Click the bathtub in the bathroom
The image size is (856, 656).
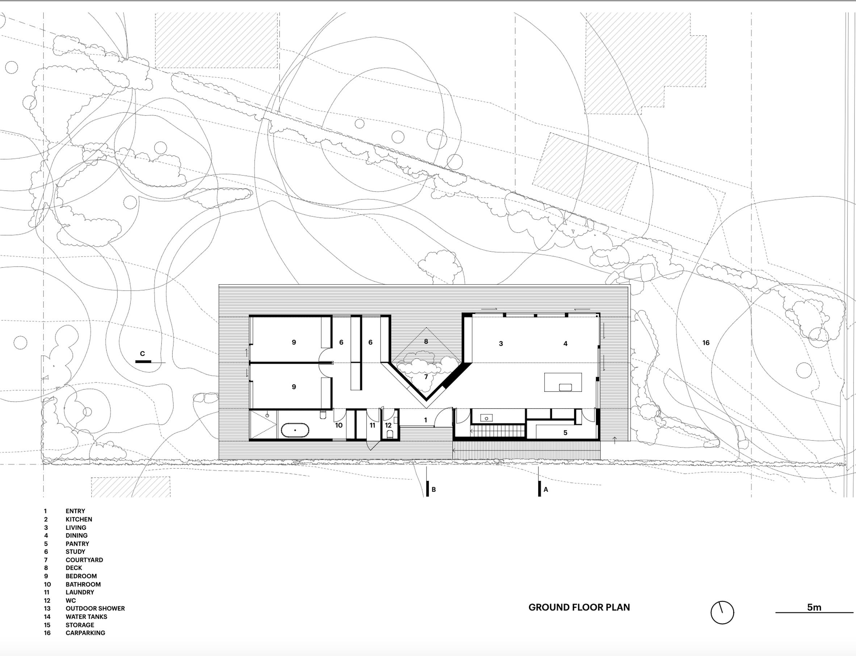pos(295,430)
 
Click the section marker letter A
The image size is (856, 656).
pos(546,489)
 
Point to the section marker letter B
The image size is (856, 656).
pos(433,489)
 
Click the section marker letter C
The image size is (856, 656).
pos(142,354)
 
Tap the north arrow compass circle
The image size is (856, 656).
pos(722,612)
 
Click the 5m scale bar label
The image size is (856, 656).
pos(814,607)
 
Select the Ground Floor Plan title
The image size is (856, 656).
pos(579,607)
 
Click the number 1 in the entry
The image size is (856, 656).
pos(425,420)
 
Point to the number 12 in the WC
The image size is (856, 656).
pos(388,425)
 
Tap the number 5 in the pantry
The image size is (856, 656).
pos(565,433)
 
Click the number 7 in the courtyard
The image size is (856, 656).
pos(426,377)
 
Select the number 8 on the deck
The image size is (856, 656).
pos(426,341)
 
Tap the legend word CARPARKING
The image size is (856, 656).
pos(85,633)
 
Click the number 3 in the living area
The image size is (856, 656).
pos(501,344)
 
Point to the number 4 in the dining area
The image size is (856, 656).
pos(565,344)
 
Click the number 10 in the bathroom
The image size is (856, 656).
pos(339,425)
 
